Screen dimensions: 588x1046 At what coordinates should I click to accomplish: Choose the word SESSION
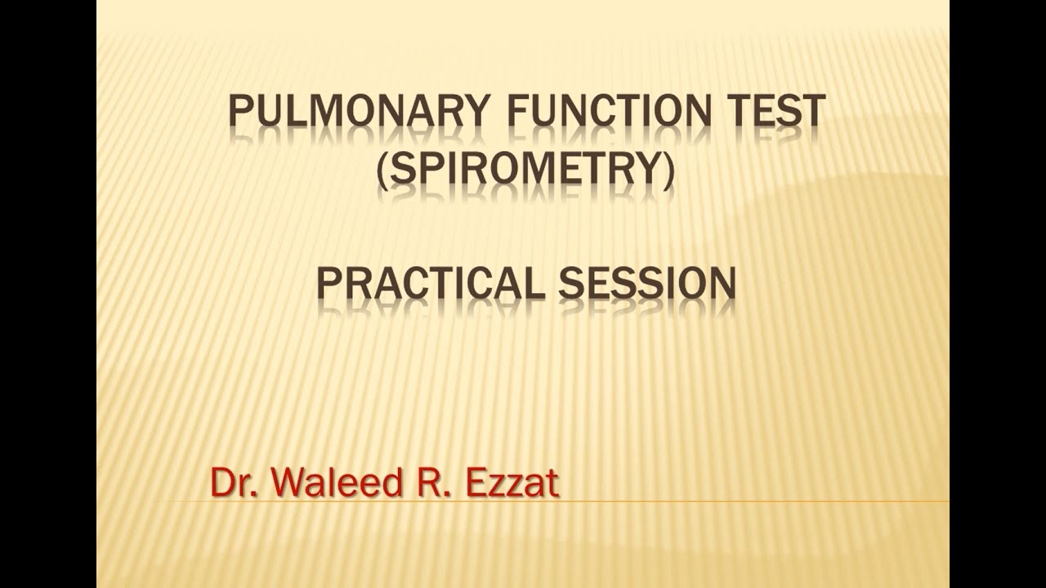(648, 283)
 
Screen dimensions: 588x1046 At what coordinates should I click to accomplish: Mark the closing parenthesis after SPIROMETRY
(670, 174)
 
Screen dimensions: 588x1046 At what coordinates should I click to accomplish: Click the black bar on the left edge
(47, 294)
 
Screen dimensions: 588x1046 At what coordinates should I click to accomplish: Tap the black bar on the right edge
(997, 294)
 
